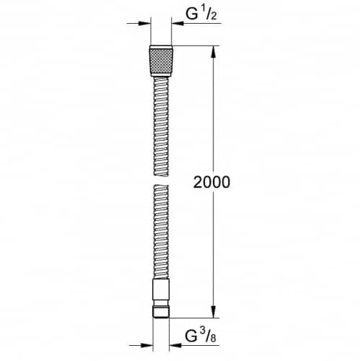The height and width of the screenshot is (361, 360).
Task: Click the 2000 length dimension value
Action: (x=211, y=182)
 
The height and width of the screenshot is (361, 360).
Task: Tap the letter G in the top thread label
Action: (x=191, y=14)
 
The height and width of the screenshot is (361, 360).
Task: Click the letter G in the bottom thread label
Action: (x=191, y=336)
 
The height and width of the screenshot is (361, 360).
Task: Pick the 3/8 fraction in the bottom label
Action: (x=208, y=336)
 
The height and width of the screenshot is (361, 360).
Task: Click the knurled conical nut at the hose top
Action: (x=161, y=61)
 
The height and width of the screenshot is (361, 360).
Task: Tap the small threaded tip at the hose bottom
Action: (x=161, y=312)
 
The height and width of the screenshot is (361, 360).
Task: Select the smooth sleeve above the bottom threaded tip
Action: (x=161, y=290)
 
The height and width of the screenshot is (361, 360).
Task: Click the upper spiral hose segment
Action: (x=161, y=126)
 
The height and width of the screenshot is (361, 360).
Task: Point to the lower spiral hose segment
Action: (x=161, y=232)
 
